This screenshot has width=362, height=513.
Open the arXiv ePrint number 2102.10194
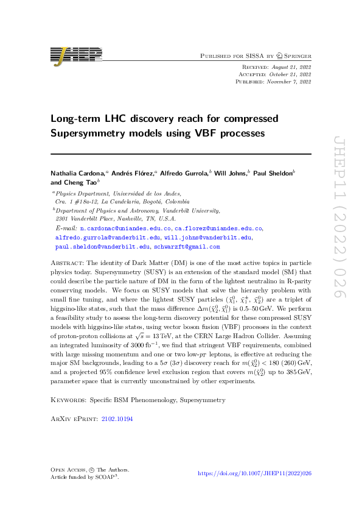(117, 402)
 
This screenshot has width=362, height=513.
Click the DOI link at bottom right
(255, 473)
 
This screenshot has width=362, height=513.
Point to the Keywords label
(68, 383)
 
